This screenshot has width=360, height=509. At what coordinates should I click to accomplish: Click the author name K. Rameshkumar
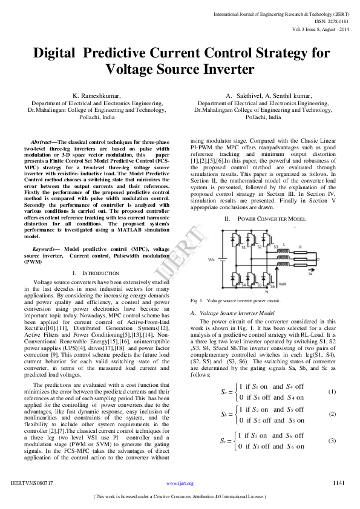click(x=97, y=96)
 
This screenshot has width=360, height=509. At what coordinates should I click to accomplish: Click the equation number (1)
click(x=332, y=392)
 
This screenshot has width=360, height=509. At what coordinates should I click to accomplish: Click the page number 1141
click(x=339, y=483)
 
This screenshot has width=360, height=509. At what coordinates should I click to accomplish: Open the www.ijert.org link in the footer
click(x=180, y=484)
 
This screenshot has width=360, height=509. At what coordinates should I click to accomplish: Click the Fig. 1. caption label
click(x=197, y=300)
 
